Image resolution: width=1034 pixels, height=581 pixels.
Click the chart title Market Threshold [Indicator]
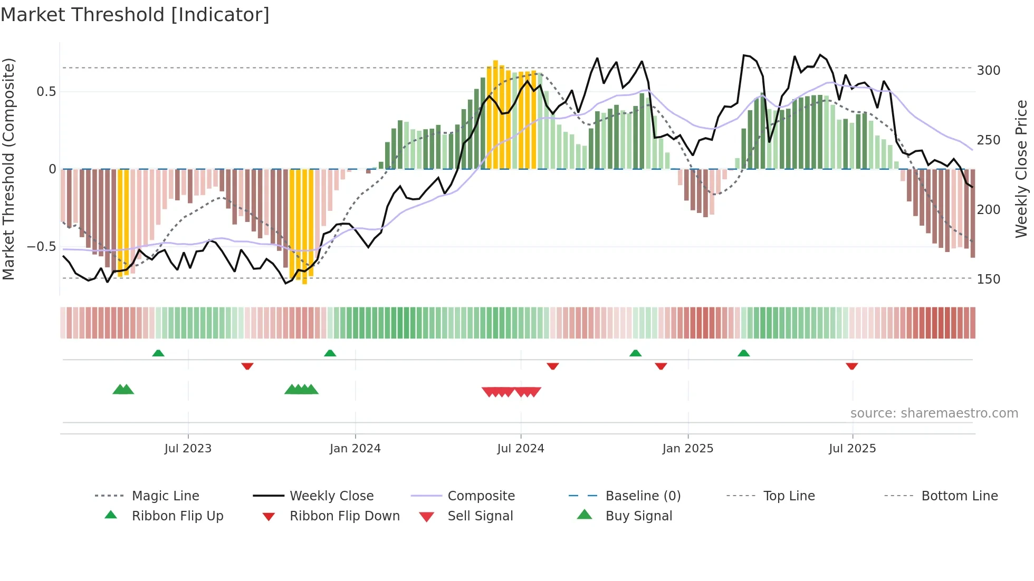coord(135,15)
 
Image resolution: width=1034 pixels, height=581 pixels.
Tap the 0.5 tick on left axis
coord(46,92)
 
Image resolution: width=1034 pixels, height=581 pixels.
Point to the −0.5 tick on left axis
coord(41,247)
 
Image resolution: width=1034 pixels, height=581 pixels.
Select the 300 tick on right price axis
coord(988,71)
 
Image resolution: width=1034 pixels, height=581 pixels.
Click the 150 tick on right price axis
coord(988,279)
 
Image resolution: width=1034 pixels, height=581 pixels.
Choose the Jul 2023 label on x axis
coord(188,449)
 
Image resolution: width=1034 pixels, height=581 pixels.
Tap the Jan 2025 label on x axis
coord(687,449)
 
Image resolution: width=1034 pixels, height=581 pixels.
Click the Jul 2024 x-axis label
coord(520,449)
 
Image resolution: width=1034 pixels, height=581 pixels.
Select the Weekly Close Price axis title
coord(1021,169)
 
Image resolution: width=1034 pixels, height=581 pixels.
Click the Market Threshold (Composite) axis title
coord(8,169)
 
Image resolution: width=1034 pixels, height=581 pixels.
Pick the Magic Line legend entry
coord(165,496)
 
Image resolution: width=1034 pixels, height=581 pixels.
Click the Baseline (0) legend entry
coord(643,496)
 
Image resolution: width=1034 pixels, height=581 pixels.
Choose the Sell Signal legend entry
coord(480,516)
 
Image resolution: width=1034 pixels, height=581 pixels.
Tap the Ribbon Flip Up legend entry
coord(177,516)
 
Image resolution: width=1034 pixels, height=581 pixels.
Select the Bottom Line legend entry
coord(959,496)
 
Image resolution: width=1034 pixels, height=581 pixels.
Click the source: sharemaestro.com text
coord(934,413)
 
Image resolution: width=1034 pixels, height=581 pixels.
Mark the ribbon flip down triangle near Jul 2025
coord(851,366)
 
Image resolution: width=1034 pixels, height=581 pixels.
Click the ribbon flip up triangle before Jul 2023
coord(158,353)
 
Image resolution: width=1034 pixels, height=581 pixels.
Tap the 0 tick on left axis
coord(52,169)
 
